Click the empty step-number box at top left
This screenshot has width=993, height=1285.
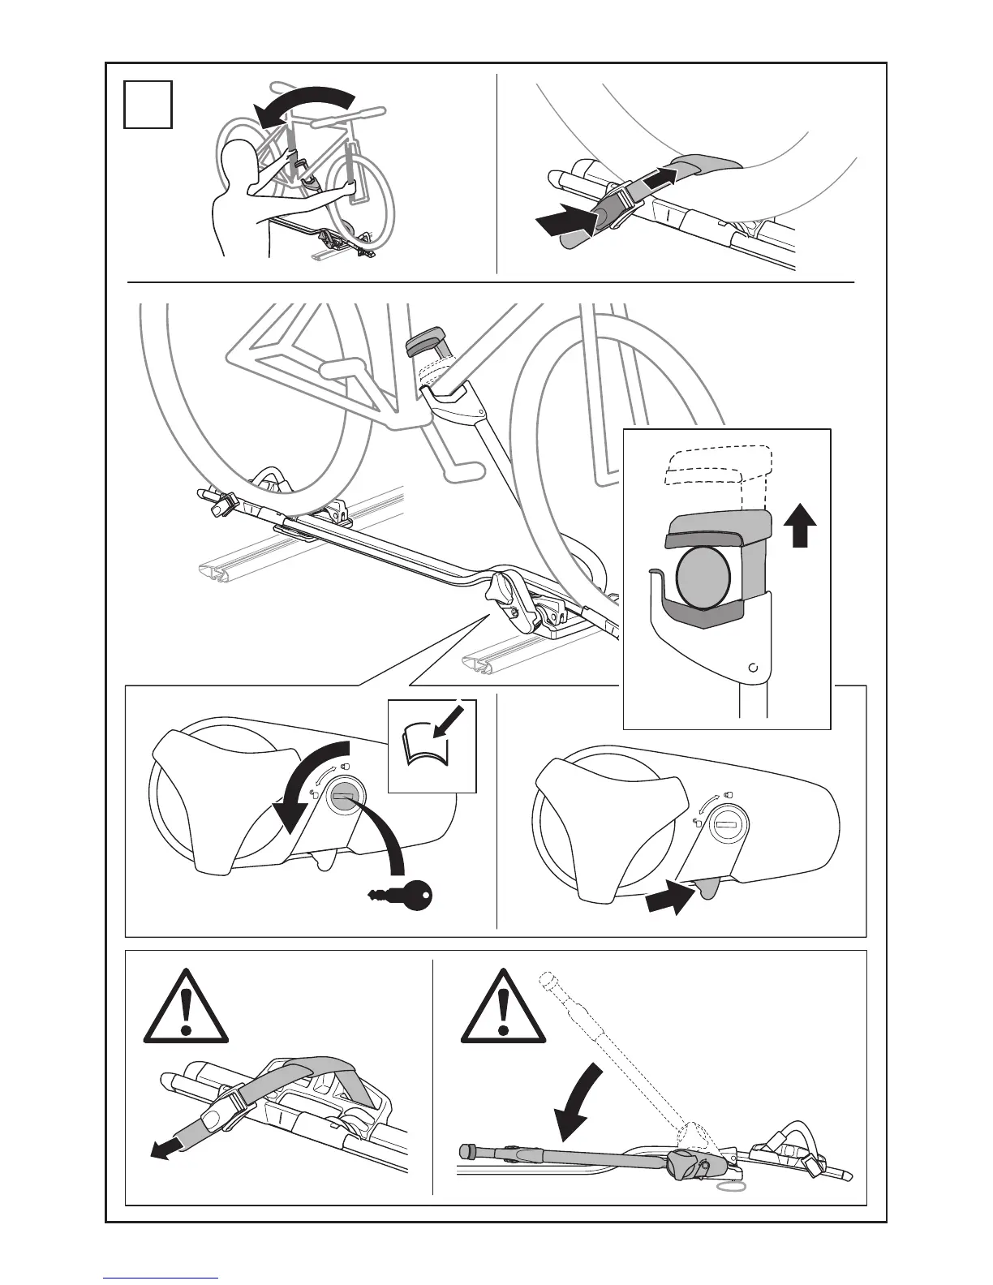tap(148, 104)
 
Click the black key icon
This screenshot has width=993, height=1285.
tap(403, 895)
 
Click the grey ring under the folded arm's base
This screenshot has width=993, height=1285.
tap(731, 1186)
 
